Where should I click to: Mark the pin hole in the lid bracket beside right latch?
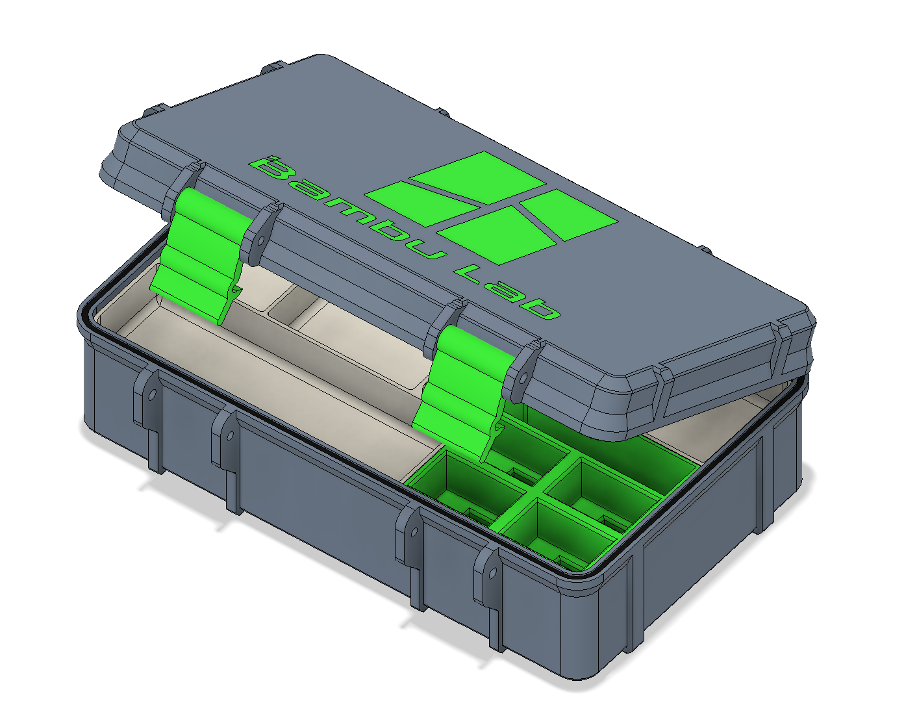[520, 377]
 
